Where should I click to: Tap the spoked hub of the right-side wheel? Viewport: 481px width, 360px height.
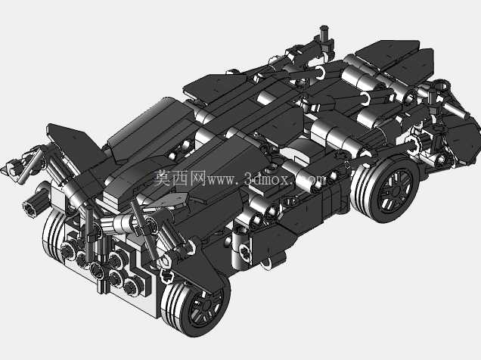coord(395,190)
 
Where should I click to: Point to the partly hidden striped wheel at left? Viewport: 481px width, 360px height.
coord(53,233)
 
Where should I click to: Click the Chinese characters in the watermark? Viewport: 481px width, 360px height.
coord(179,178)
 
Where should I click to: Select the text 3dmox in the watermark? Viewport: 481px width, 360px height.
coord(267,178)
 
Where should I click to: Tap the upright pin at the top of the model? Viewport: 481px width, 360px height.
coord(324,33)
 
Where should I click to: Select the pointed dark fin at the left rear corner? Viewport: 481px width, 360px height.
coord(73,144)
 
